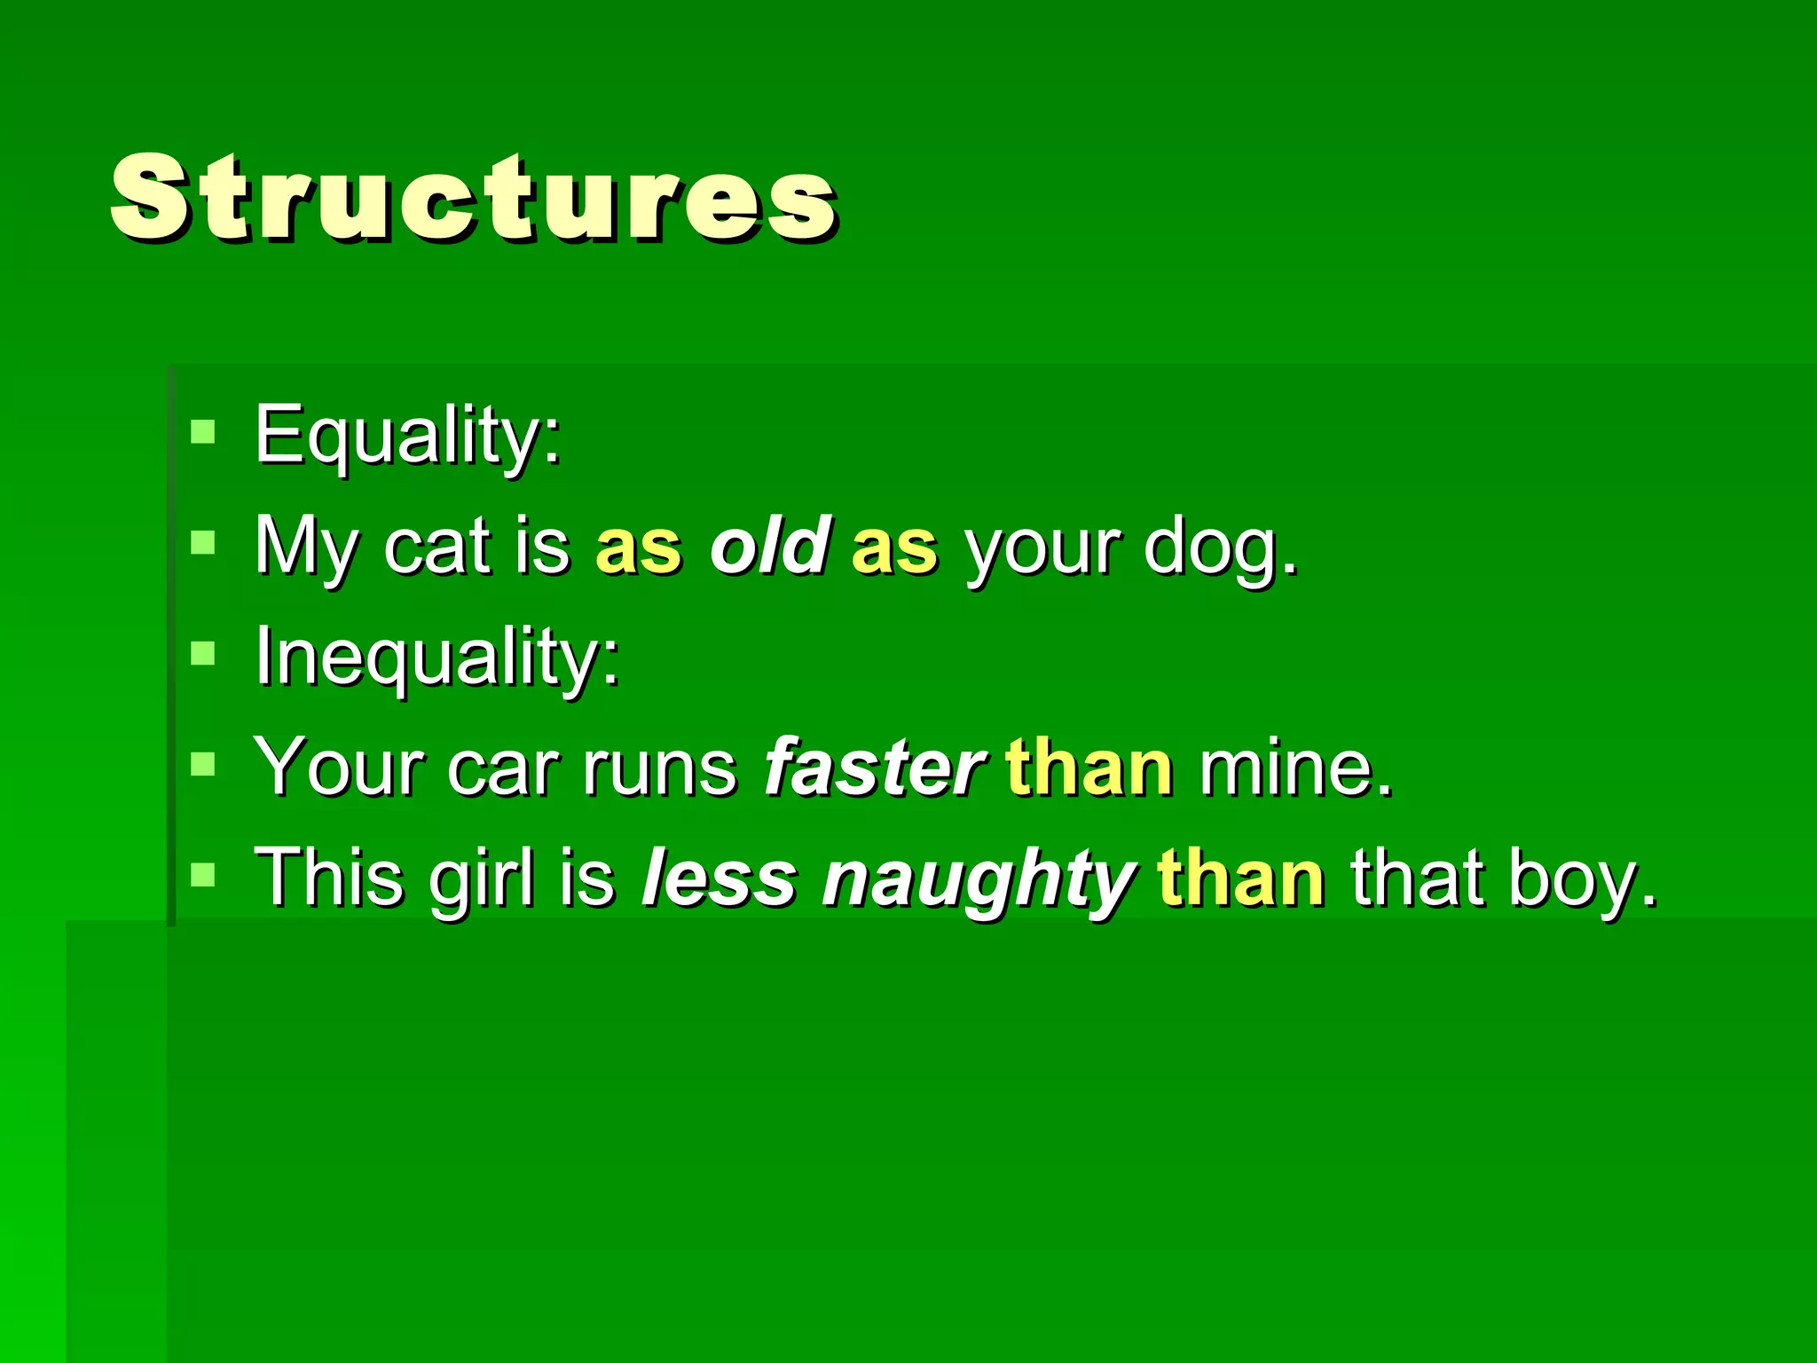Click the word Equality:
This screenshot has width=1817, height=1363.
tap(407, 435)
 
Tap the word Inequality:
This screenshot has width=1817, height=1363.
tap(437, 657)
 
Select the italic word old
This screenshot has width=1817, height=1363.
tap(769, 545)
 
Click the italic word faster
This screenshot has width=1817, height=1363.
tap(874, 767)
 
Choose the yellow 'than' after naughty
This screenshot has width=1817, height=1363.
tap(1241, 878)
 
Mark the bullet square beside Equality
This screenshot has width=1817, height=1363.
tap(203, 432)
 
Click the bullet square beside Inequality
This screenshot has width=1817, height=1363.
tap(203, 653)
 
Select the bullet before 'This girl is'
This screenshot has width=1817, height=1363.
tap(203, 875)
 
